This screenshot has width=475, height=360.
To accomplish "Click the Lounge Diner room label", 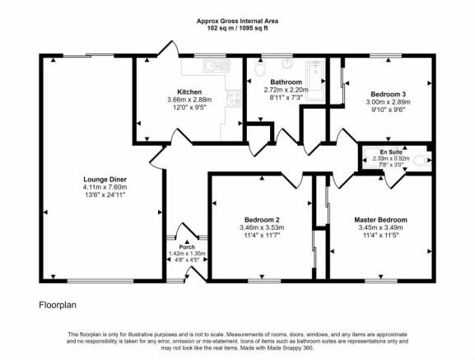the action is tap(105, 180).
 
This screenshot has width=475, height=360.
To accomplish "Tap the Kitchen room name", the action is tap(189, 91).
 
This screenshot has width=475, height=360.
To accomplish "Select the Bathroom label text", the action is tap(286, 82).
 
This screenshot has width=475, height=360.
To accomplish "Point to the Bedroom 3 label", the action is tap(388, 94).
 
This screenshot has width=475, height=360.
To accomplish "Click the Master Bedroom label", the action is tap(380, 220).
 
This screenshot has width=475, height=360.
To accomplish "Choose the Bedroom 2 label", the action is tap(262, 220).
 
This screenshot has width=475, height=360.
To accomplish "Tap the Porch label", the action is tap(187, 247).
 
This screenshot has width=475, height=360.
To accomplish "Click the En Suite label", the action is tap(391, 152).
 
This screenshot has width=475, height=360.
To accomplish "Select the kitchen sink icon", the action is tap(217, 65).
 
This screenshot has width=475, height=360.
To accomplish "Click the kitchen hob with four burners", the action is tap(234, 98).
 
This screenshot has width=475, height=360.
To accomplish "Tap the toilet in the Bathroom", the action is tap(259, 68).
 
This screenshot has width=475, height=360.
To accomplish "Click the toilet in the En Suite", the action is tap(422, 160).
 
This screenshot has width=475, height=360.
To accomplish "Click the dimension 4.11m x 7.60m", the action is tap(105, 187).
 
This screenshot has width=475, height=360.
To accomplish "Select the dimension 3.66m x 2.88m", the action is tap(189, 100).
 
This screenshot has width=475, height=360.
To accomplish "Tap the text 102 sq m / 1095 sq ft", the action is tap(237, 29).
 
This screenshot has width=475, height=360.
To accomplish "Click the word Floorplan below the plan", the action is tap(58, 305).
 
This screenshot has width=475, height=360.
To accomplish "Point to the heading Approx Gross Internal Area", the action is tap(237, 21).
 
